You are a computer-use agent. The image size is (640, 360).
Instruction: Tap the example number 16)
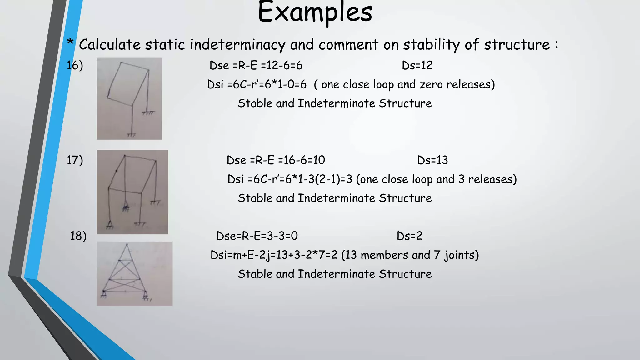coord(75,65)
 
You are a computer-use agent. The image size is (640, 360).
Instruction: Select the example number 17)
coord(75,160)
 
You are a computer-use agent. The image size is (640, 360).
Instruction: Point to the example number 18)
coord(78,236)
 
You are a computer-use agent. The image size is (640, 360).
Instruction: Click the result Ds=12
coord(417,65)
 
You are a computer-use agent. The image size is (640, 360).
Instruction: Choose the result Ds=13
coord(432,160)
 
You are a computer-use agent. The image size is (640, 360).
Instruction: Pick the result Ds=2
coord(409,236)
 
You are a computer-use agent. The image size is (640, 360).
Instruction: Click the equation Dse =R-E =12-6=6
coord(256,65)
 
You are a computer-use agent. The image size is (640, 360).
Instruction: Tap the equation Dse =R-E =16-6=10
coord(276,160)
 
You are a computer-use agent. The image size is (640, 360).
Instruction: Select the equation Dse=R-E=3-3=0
coord(257,236)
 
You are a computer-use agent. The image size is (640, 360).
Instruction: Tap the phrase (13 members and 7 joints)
coord(410,255)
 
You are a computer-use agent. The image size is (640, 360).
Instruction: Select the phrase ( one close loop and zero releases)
coord(404,84)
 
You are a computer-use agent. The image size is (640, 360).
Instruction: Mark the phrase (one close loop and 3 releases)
coord(436,179)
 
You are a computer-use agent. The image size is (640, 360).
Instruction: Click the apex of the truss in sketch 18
coord(127,245)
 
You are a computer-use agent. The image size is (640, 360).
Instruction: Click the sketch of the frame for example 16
coord(129,98)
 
